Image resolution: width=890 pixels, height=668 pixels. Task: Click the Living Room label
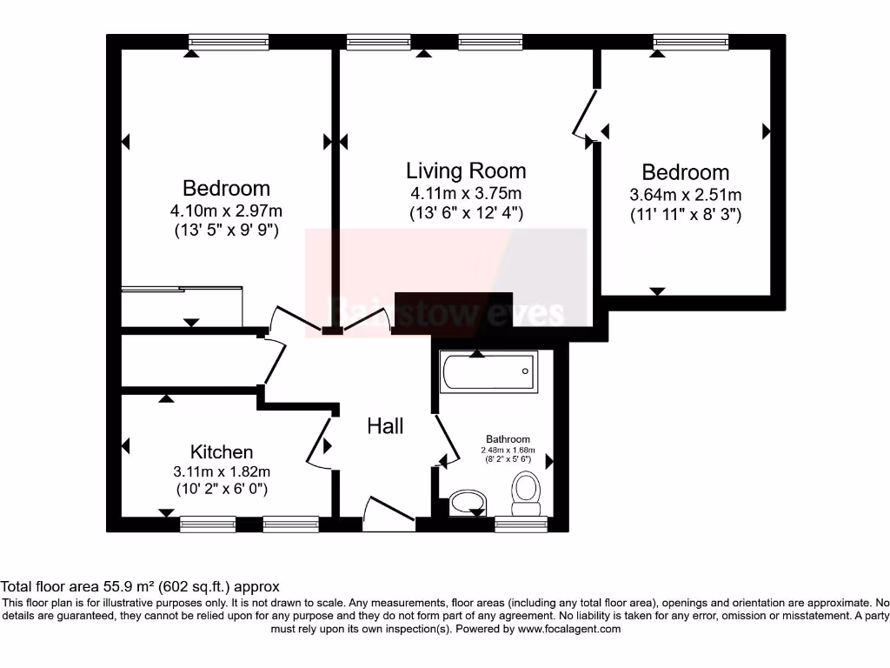click(466, 170)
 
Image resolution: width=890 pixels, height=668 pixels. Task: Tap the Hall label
click(385, 426)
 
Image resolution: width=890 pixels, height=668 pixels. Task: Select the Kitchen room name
click(222, 452)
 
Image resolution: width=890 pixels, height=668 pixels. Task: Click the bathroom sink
click(469, 502)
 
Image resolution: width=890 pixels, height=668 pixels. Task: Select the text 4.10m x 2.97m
click(226, 210)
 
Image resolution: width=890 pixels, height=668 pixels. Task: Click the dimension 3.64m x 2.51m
click(686, 195)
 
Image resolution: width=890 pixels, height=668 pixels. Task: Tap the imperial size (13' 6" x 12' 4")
click(466, 213)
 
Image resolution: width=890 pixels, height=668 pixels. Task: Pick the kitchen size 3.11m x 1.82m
click(222, 471)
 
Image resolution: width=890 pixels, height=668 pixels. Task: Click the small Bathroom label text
click(508, 440)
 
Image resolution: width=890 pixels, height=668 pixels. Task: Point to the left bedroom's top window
click(228, 41)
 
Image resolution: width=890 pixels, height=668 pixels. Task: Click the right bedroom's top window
click(691, 41)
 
